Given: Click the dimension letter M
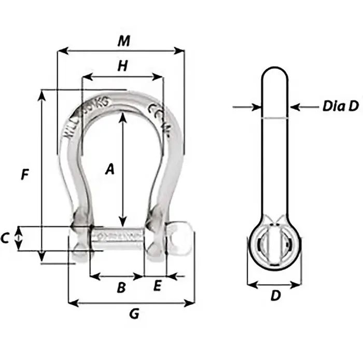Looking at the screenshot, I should point(123,41).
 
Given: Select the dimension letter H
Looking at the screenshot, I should point(122,65).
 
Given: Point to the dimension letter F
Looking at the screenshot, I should point(24,175).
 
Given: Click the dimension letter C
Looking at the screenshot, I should point(6,239).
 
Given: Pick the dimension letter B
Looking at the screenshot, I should point(121,287).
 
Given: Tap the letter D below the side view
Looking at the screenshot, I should point(276,296).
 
